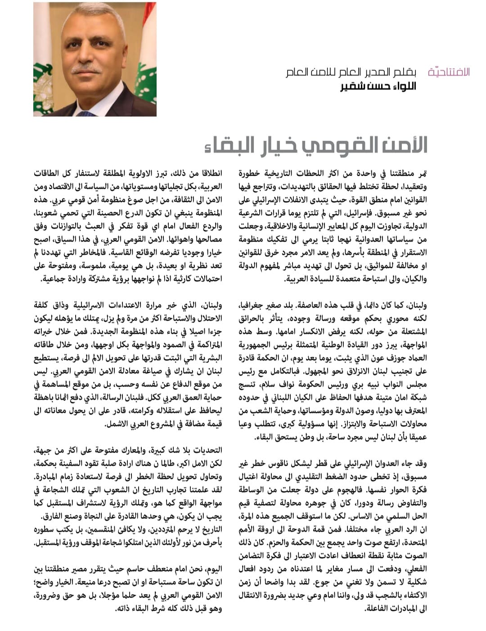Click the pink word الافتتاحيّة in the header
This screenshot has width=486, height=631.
coord(449,72)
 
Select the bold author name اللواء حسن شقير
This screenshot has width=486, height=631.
coord(378,86)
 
